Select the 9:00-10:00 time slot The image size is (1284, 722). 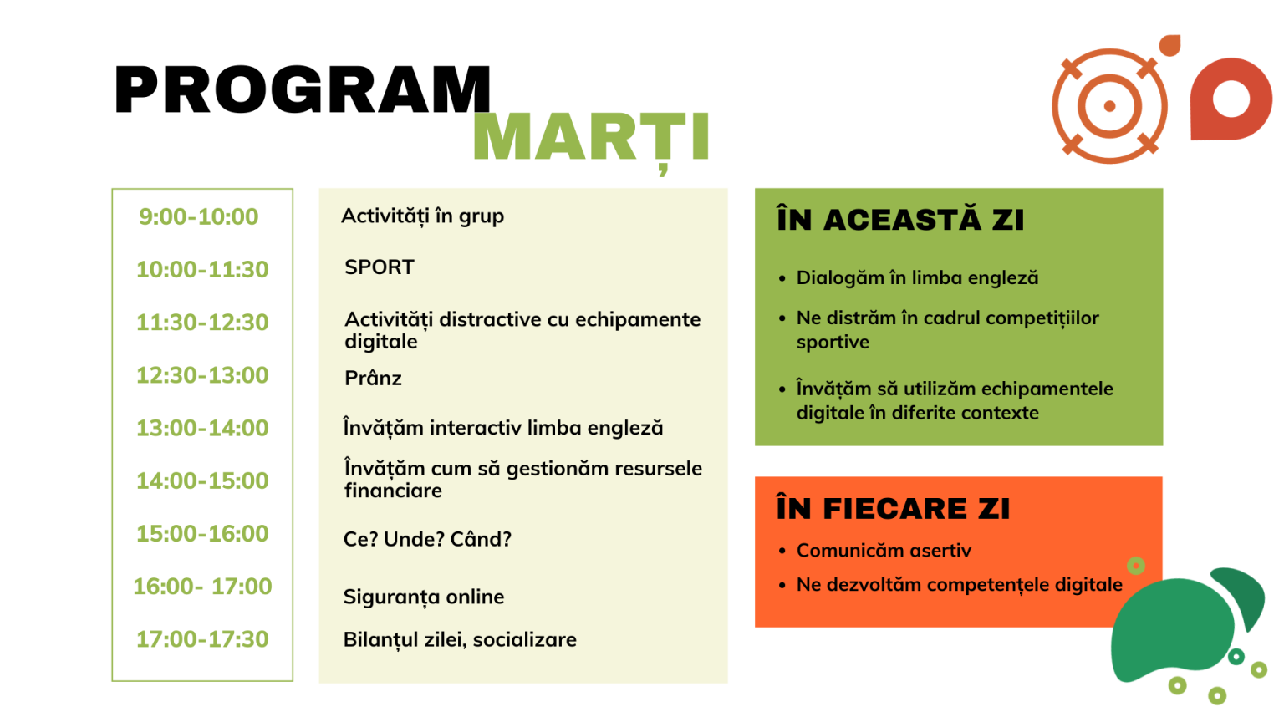click(x=199, y=216)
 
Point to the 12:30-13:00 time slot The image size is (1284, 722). click(x=202, y=375)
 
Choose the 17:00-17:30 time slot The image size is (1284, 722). click(x=202, y=639)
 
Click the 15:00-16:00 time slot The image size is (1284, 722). click(x=202, y=533)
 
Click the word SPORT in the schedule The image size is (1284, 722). click(x=379, y=267)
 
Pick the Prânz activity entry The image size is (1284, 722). click(x=373, y=379)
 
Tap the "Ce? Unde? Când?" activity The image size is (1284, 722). click(x=427, y=539)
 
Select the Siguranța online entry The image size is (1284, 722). click(x=424, y=597)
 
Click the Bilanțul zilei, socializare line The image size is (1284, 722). click(x=460, y=640)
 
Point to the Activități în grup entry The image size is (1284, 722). click(x=422, y=216)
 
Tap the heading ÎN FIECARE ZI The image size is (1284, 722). click(x=893, y=507)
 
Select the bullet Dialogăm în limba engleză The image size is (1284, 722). click(x=917, y=278)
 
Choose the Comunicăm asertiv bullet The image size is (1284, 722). click(x=884, y=551)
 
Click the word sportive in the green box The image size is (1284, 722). click(x=833, y=343)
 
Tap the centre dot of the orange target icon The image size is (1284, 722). click(x=1110, y=106)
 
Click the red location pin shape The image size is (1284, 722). click(x=1230, y=99)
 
